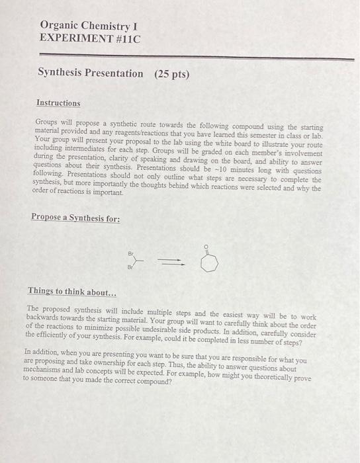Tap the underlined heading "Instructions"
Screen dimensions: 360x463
tap(58, 103)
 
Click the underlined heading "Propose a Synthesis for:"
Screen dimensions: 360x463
tap(75, 217)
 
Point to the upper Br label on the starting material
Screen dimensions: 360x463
tap(131, 253)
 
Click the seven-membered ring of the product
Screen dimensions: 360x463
tap(206, 264)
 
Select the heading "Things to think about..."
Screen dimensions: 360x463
tap(71, 291)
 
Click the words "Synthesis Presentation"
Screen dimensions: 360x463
tap(90, 73)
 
